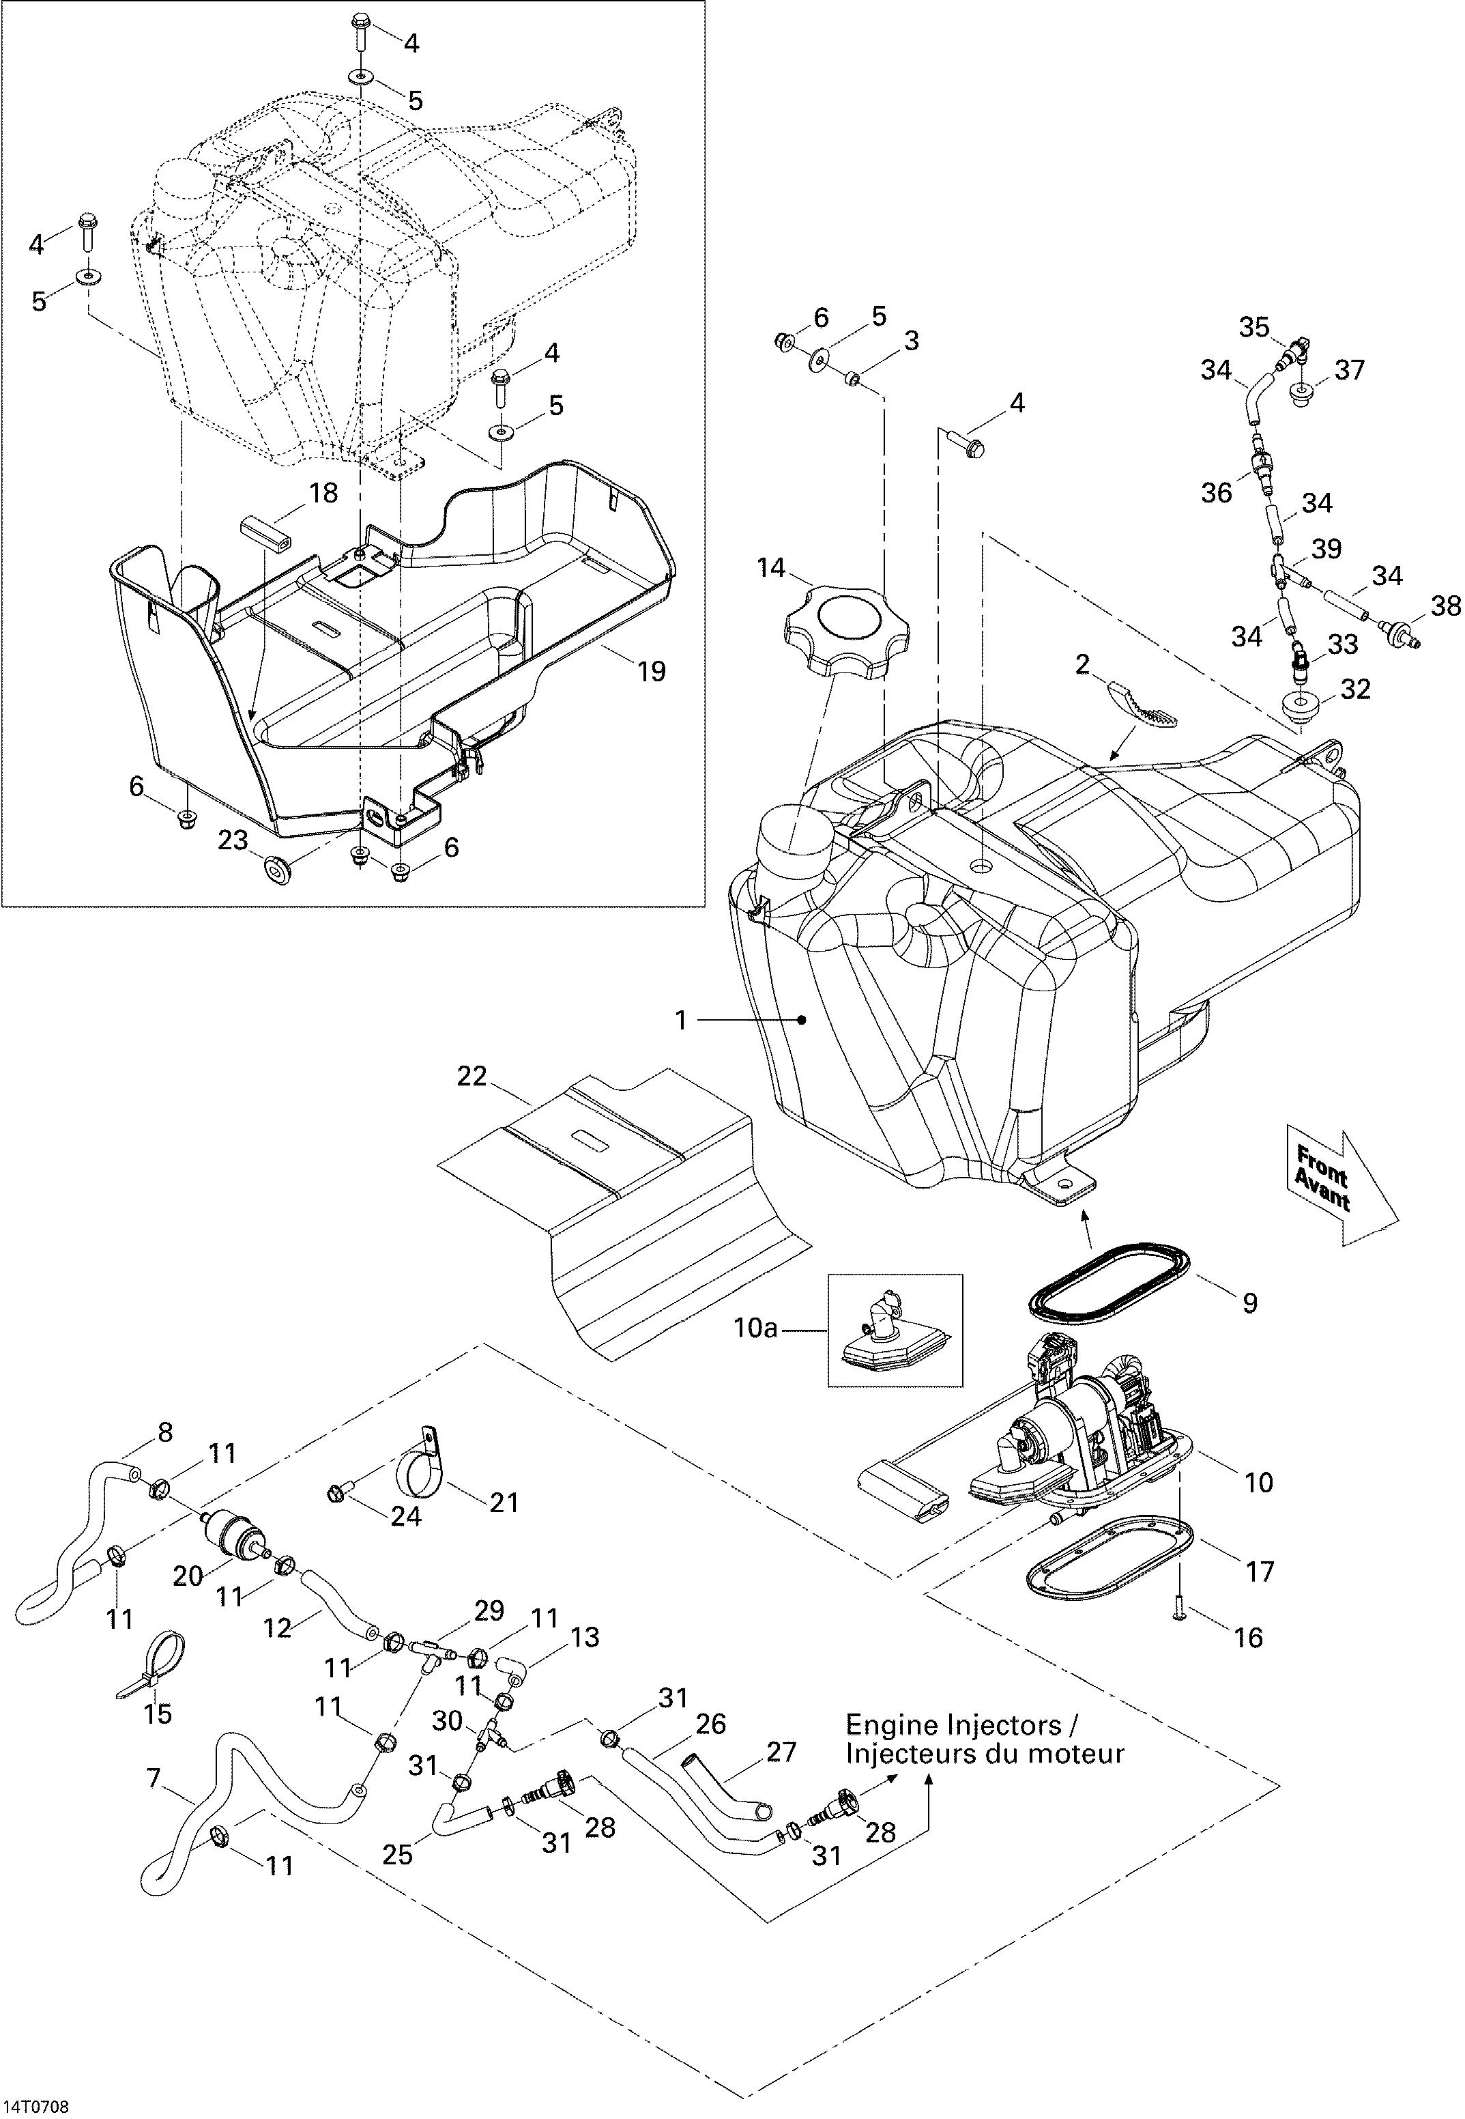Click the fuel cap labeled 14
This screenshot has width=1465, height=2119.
pyautogui.click(x=845, y=631)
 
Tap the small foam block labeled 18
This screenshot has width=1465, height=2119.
pyautogui.click(x=263, y=532)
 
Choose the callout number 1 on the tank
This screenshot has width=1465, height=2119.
pyautogui.click(x=681, y=1020)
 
